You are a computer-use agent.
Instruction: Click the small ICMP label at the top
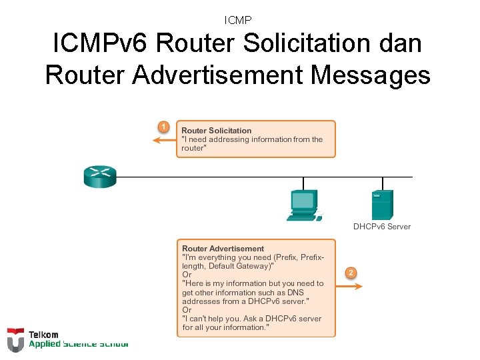[x=238, y=21]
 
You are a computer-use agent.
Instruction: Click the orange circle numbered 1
[x=162, y=126]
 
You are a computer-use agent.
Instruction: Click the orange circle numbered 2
[x=351, y=272]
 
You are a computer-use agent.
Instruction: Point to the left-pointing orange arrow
[x=163, y=140]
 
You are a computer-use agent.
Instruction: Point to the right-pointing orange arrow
[x=349, y=286]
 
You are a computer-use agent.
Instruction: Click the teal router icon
[x=100, y=177]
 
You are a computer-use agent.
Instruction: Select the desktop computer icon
[x=304, y=205]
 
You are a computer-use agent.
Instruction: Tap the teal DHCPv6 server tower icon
[x=382, y=205]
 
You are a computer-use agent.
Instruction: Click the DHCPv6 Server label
[x=382, y=227]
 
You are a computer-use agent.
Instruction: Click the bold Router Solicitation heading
[x=217, y=131]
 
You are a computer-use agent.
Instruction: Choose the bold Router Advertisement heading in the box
[x=223, y=249]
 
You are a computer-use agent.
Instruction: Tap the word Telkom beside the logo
[x=43, y=335]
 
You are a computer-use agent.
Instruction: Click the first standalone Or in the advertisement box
[x=187, y=275]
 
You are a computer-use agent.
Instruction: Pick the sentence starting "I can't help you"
[x=251, y=319]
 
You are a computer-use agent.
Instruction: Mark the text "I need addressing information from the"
[x=252, y=139]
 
